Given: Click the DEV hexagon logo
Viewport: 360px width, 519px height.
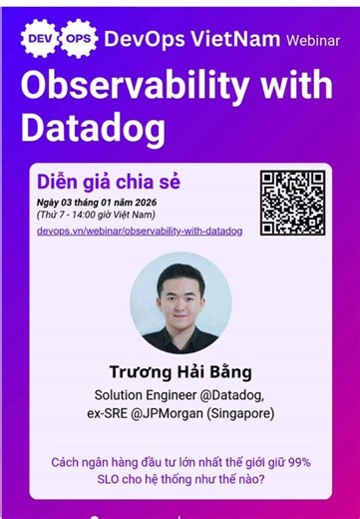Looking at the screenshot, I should click(x=40, y=38).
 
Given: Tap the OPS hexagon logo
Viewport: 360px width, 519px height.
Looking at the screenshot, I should click(x=79, y=38).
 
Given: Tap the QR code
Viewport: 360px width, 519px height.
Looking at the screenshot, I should click(x=292, y=203).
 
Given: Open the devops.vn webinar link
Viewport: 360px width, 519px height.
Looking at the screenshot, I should click(x=139, y=232).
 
